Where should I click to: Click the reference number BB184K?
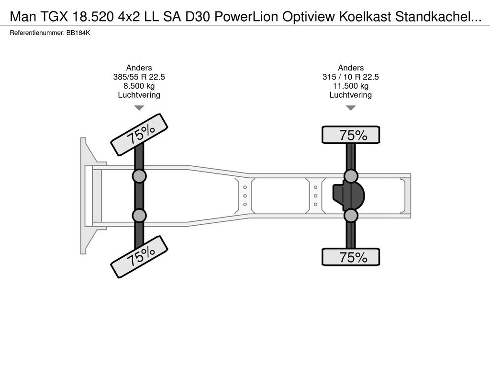coord(78,33)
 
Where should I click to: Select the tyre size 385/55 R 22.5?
coord(139,77)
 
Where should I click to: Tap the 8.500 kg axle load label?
coord(139,86)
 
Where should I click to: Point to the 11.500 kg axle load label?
coord(351,86)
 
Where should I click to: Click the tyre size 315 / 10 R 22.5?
coord(351,77)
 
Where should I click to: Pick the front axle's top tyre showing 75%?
coord(139,133)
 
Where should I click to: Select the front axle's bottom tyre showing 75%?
coord(139,257)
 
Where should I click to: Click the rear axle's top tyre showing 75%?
coord(351,135)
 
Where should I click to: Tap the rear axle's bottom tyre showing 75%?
coord(351,257)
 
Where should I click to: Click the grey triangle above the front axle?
coord(139,108)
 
